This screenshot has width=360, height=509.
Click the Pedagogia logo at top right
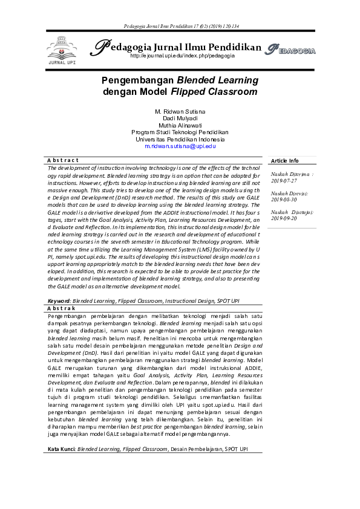(290, 50)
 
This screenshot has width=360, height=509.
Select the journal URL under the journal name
(182, 56)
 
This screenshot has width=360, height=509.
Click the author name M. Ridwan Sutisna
(180, 112)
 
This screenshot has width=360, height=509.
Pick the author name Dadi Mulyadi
(180, 119)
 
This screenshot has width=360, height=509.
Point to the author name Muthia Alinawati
(180, 126)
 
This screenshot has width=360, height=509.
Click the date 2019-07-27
(284, 180)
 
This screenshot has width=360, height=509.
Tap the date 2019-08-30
(284, 199)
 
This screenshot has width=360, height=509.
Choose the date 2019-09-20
(284, 218)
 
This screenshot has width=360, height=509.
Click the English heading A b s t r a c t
(63, 160)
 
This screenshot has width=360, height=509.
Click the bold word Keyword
(59, 300)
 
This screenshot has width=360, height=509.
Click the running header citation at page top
(180, 27)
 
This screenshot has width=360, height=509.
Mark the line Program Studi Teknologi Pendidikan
(180, 132)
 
